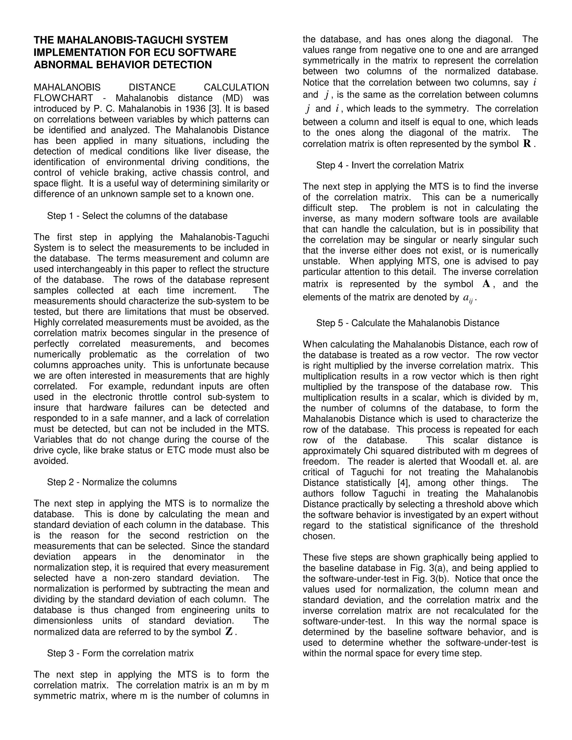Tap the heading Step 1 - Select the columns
point(137,216)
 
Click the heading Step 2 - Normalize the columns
point(112,482)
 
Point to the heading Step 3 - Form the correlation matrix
point(120,653)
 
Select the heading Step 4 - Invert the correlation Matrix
point(390,165)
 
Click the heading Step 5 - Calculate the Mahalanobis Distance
point(408,323)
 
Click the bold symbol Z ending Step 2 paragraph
point(229,632)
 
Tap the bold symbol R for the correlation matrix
point(527,144)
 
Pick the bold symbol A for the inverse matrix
point(486,284)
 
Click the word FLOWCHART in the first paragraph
point(63,98)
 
